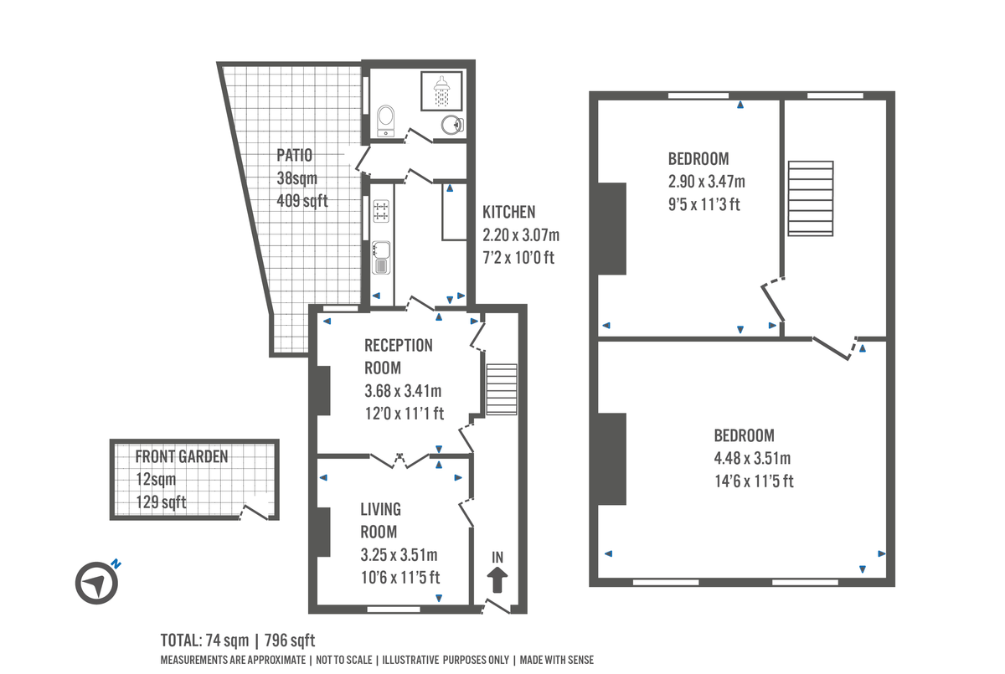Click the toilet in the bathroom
[x=385, y=118]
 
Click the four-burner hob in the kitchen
[x=381, y=211]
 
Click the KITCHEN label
[x=508, y=213]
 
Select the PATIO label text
[x=294, y=155]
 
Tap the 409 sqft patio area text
[x=301, y=201]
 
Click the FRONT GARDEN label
[x=182, y=457]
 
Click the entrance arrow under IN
[x=497, y=579]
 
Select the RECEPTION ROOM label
[x=398, y=356]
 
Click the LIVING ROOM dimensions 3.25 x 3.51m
[x=399, y=554]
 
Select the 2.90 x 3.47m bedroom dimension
[x=705, y=181]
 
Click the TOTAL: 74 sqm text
[x=205, y=641]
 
